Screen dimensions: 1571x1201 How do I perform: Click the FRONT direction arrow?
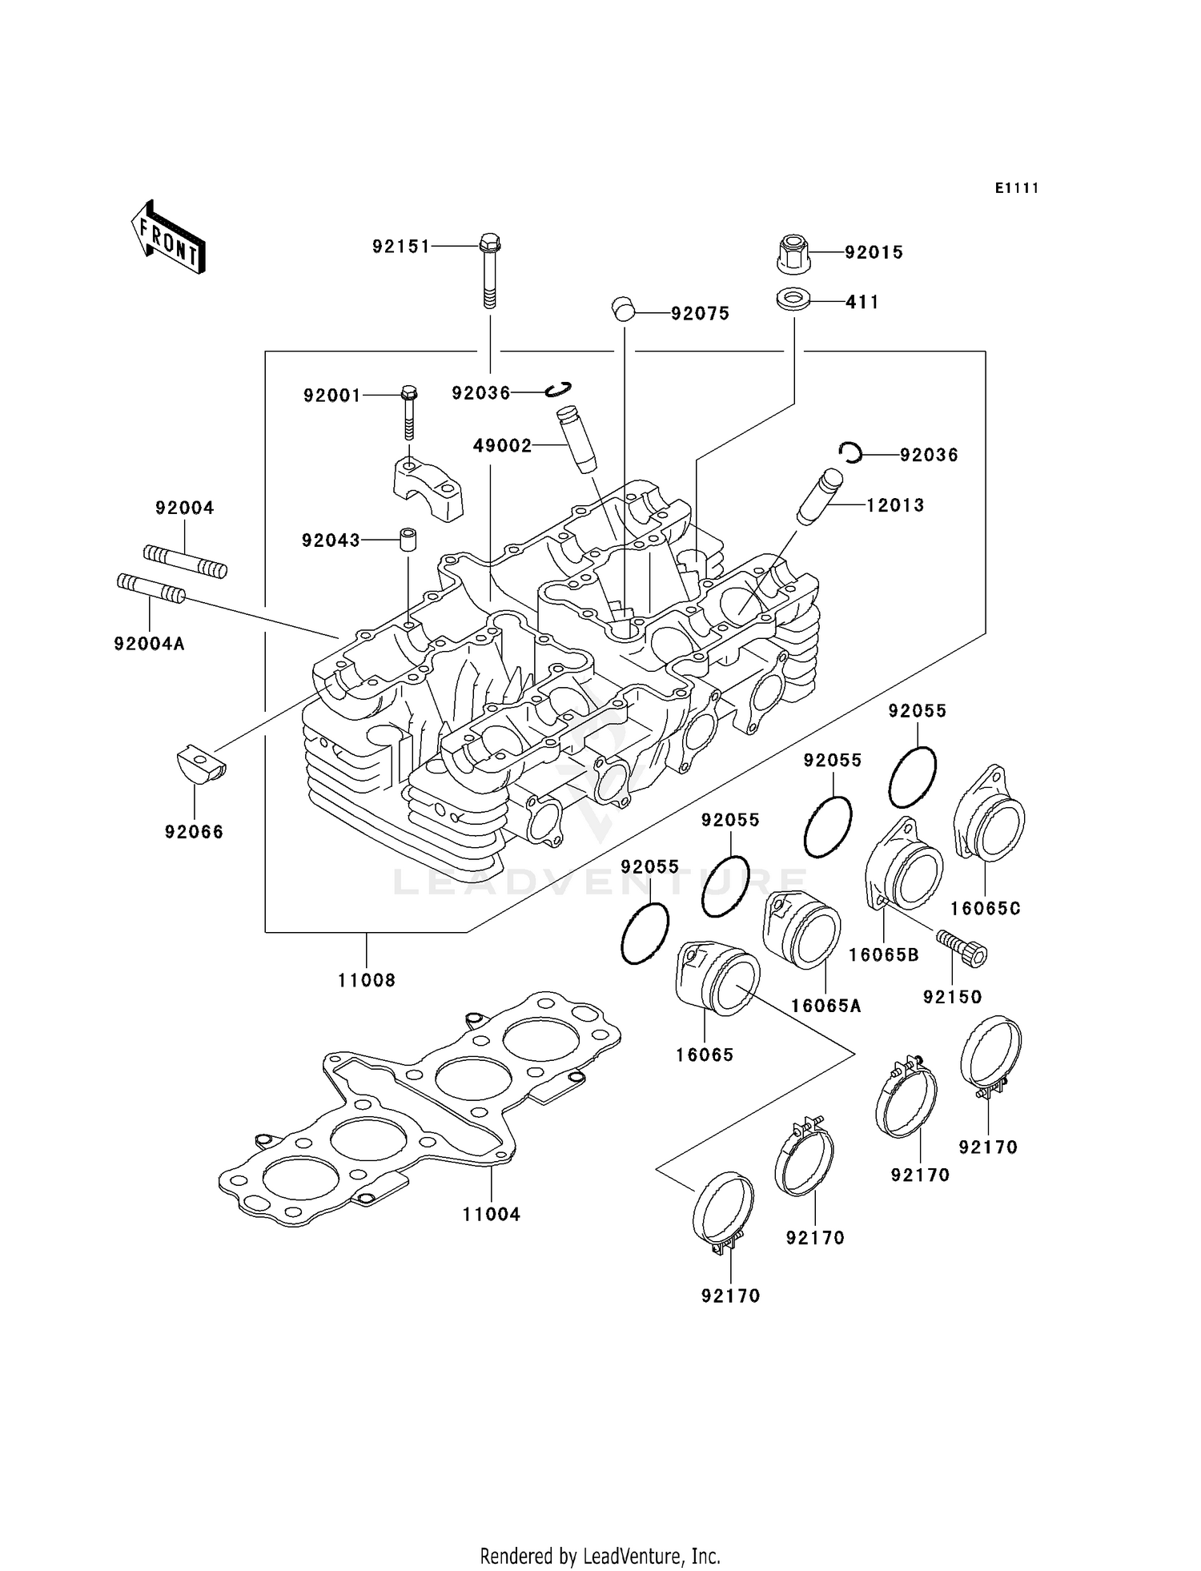pos(169,238)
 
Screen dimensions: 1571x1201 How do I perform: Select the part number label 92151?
pos(401,247)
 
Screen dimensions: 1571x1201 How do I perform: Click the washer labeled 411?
pos(793,300)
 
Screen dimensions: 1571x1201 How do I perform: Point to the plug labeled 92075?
pos(623,309)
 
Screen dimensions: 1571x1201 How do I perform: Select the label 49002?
pos(502,446)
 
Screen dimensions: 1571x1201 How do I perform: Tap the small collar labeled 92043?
pos(408,538)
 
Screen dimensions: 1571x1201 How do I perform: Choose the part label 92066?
pos(194,832)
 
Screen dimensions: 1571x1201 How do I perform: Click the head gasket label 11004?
pos(492,1214)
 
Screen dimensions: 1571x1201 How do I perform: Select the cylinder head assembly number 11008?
pos(367,980)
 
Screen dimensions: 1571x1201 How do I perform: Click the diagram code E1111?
pos(1017,188)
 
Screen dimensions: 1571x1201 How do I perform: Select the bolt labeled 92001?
pos(409,412)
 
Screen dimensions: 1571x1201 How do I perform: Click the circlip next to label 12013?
pos(850,453)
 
